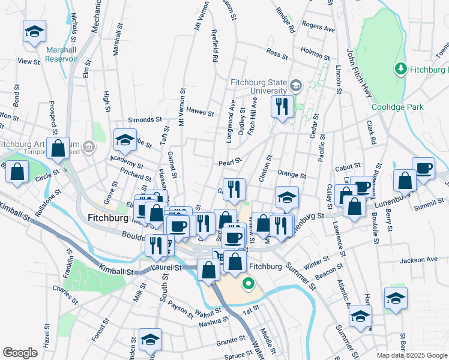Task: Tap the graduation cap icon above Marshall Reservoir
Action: coord(34,31)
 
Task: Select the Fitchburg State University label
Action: coord(258,83)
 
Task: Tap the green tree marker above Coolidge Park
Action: coord(400,70)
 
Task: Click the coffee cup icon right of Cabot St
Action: coord(423,168)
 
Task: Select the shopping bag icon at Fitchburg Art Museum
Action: coord(58,150)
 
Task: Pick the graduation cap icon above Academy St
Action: coord(125,140)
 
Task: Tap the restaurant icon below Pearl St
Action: coord(235,190)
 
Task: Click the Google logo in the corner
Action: coord(20,353)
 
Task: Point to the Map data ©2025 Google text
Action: coord(411,355)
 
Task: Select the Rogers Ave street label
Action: coord(318,27)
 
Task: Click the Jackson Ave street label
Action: coord(419,260)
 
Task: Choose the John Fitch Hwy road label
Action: coord(360,72)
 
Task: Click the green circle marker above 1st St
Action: coord(247,283)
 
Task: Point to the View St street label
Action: coord(28,61)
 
